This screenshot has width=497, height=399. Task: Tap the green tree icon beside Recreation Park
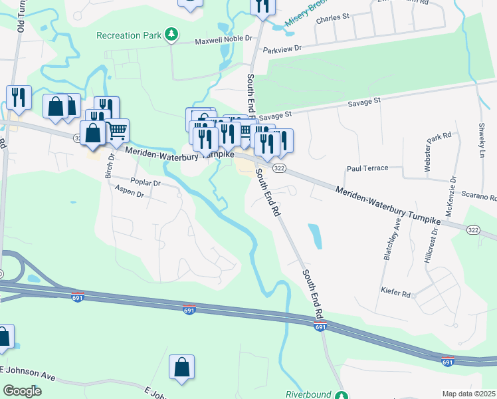[171, 33]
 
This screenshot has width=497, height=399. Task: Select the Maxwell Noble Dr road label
[224, 41]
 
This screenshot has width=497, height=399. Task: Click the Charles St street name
[332, 19]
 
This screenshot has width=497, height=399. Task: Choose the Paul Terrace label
[366, 168]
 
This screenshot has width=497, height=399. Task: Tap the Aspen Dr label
[129, 194]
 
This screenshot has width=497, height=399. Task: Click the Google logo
[22, 390]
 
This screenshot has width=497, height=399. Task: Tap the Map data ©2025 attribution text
[468, 394]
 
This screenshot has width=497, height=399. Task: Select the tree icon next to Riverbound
[341, 395]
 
